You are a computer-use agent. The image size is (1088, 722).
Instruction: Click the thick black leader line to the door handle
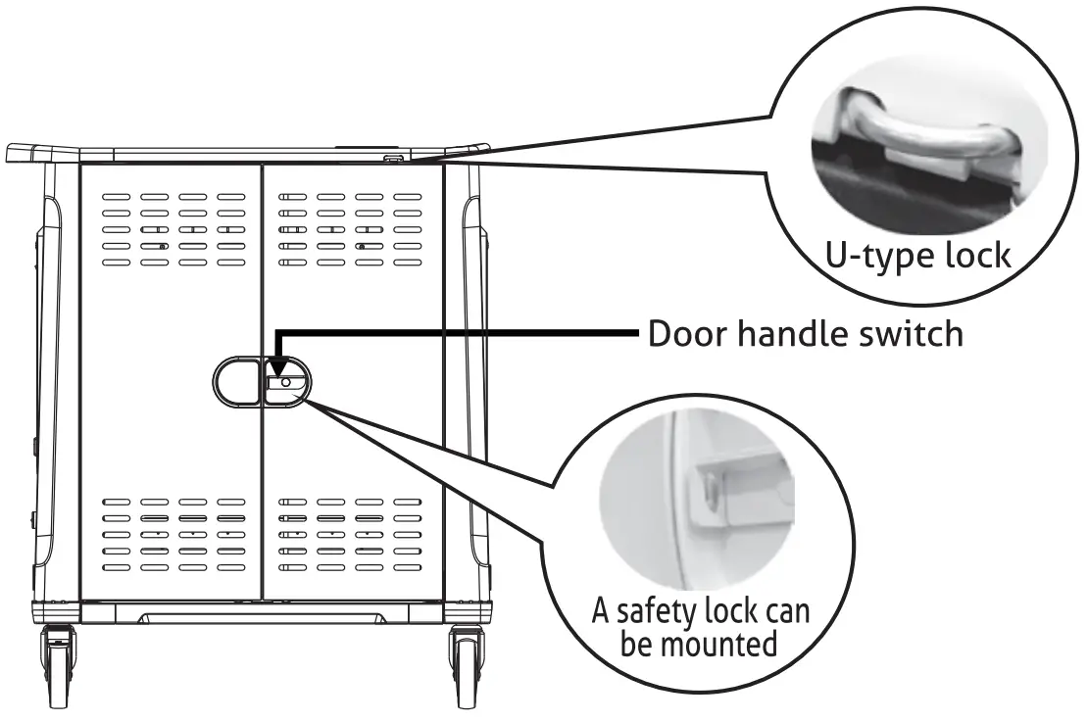[x=461, y=335]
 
